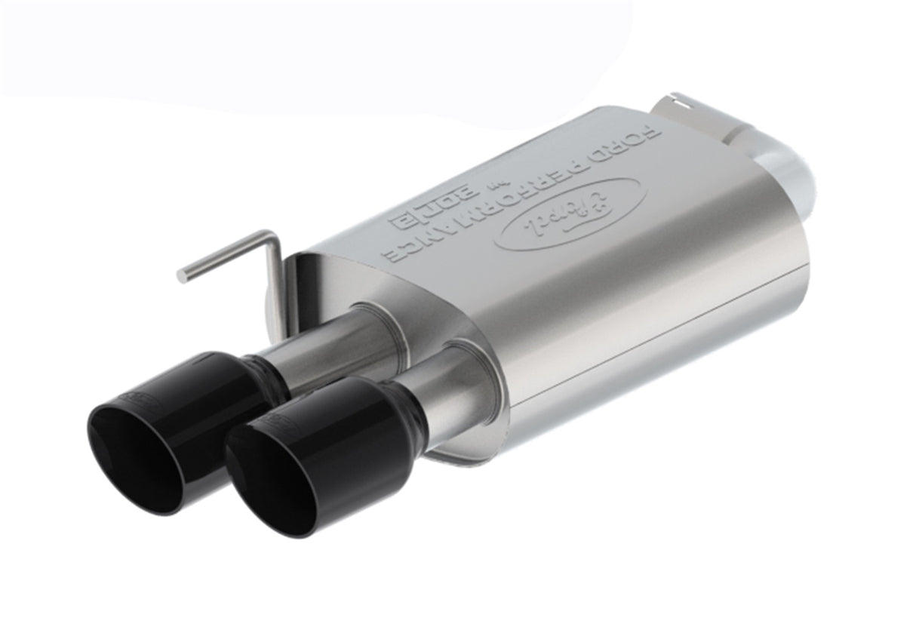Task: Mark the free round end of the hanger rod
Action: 181,276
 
